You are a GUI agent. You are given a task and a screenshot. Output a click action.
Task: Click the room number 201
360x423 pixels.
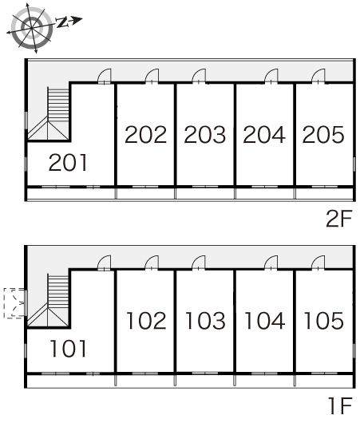[69, 162]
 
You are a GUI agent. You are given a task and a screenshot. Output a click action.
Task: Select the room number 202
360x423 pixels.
[146, 134]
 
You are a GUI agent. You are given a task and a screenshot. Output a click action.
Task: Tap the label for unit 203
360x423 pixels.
[205, 134]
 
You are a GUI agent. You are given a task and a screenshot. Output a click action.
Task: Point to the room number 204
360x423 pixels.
[264, 134]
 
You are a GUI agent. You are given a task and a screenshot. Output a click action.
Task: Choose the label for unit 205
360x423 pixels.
[323, 134]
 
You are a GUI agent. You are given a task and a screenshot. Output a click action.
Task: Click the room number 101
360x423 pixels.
[69, 349]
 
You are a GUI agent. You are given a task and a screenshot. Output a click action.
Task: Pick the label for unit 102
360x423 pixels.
[146, 321]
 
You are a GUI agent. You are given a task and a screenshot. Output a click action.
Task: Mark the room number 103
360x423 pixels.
[206, 321]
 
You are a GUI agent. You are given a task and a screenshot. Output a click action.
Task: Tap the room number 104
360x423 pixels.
[265, 321]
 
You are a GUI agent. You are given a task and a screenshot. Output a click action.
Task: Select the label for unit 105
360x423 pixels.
[324, 321]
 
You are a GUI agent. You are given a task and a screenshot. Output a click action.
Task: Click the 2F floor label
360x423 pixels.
[339, 219]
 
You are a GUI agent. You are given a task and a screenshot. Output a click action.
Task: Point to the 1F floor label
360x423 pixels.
[341, 405]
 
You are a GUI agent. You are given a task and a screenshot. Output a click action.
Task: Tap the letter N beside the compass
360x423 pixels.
[61, 22]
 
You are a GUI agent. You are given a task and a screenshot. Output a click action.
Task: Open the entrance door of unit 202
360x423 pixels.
[152, 76]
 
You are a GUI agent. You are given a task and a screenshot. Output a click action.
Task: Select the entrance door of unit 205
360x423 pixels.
[318, 76]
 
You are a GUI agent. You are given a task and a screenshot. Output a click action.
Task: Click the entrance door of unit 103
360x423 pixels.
[199, 263]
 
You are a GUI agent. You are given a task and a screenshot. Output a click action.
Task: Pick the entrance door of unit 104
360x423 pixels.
[271, 263]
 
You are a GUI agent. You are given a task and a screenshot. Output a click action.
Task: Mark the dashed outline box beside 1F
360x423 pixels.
[14, 303]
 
